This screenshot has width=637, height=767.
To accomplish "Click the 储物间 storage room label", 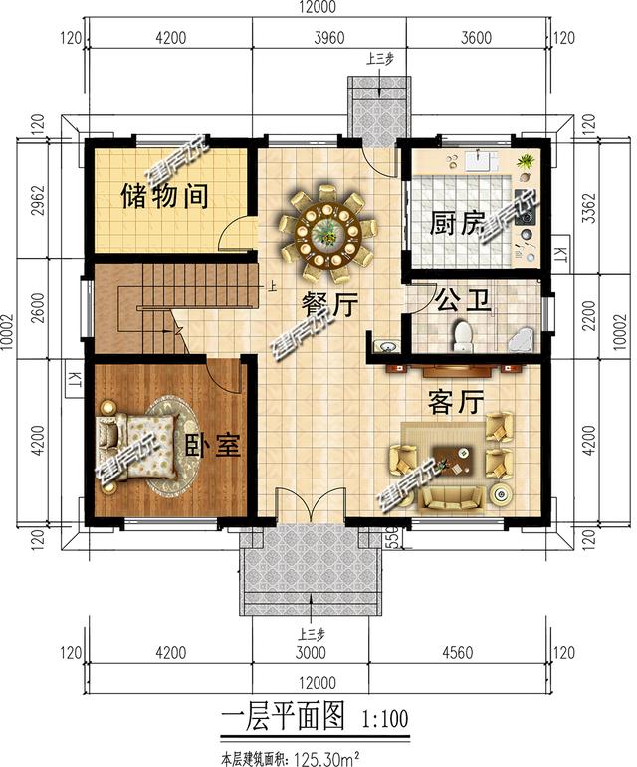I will pos(164,196).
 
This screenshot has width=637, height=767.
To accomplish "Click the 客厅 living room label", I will pos(456,403).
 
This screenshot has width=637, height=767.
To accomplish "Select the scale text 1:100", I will pos(379,716).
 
